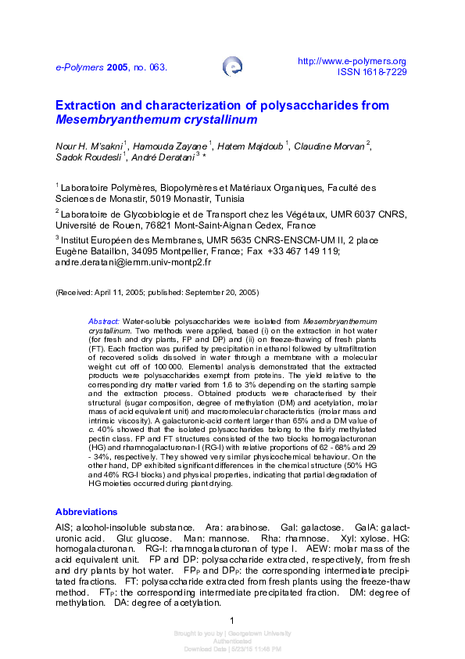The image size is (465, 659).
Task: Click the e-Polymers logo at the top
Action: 232,66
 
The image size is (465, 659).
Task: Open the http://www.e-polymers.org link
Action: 352,61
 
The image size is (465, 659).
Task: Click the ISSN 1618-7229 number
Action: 372,71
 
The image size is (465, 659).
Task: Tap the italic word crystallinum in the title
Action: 220,121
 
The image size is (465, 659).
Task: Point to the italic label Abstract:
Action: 104,322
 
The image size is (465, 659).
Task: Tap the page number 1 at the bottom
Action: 232,621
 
